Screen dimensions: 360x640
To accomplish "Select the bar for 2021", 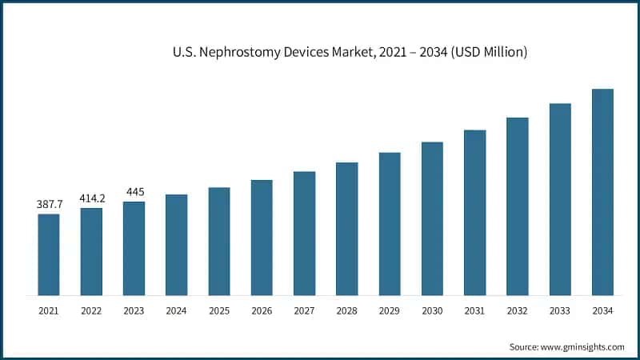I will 49,254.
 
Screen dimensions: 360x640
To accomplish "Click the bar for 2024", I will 177,244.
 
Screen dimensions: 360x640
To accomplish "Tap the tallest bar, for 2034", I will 602,191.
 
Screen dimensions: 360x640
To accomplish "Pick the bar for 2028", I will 347,228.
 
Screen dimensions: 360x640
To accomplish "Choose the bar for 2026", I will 262,237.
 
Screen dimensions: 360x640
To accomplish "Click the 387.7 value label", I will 49,205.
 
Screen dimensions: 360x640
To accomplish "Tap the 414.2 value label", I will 91,198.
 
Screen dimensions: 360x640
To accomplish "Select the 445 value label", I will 134,191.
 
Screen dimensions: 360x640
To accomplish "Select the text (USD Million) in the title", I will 488,53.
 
